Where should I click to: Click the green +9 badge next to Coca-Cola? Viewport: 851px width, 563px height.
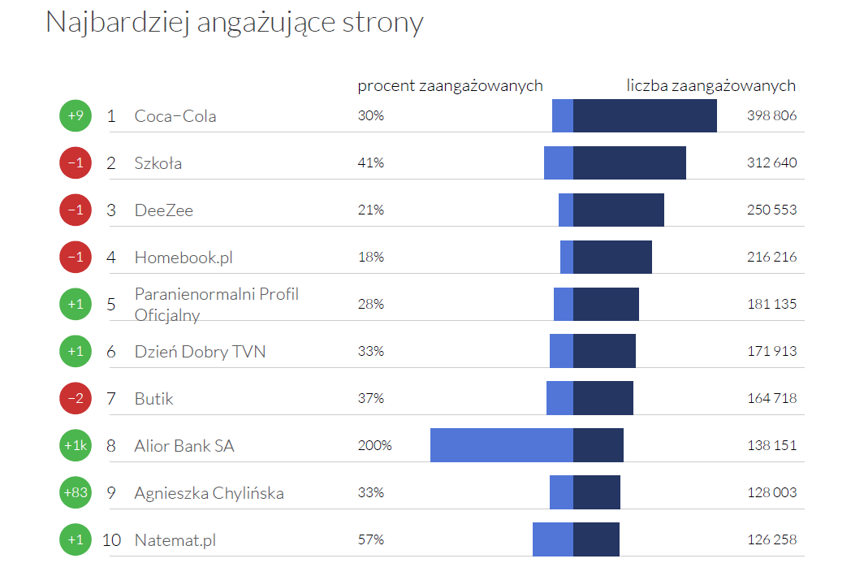click(76, 116)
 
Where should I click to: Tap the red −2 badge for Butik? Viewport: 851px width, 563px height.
click(76, 399)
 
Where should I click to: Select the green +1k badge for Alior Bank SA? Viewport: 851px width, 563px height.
click(76, 446)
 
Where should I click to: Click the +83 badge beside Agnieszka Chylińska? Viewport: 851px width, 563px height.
click(76, 493)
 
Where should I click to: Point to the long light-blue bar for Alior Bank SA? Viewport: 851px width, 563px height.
click(501, 445)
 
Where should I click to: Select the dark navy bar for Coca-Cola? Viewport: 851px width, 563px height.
click(645, 115)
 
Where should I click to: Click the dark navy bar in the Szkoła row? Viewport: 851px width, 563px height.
click(629, 162)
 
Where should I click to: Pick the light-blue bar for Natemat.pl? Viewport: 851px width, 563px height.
click(552, 539)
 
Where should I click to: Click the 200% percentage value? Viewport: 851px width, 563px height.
click(374, 446)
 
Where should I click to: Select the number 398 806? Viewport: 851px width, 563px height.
click(771, 116)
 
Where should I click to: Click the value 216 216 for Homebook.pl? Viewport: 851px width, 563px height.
click(771, 258)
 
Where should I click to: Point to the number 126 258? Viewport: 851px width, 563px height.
click(771, 540)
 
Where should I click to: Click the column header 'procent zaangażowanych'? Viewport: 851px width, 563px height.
click(450, 86)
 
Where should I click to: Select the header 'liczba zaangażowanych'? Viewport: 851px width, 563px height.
click(711, 86)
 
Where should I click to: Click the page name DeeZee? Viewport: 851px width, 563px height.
click(163, 210)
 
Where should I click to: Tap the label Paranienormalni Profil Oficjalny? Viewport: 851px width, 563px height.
click(216, 305)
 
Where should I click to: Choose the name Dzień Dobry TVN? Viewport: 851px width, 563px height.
click(200, 352)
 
